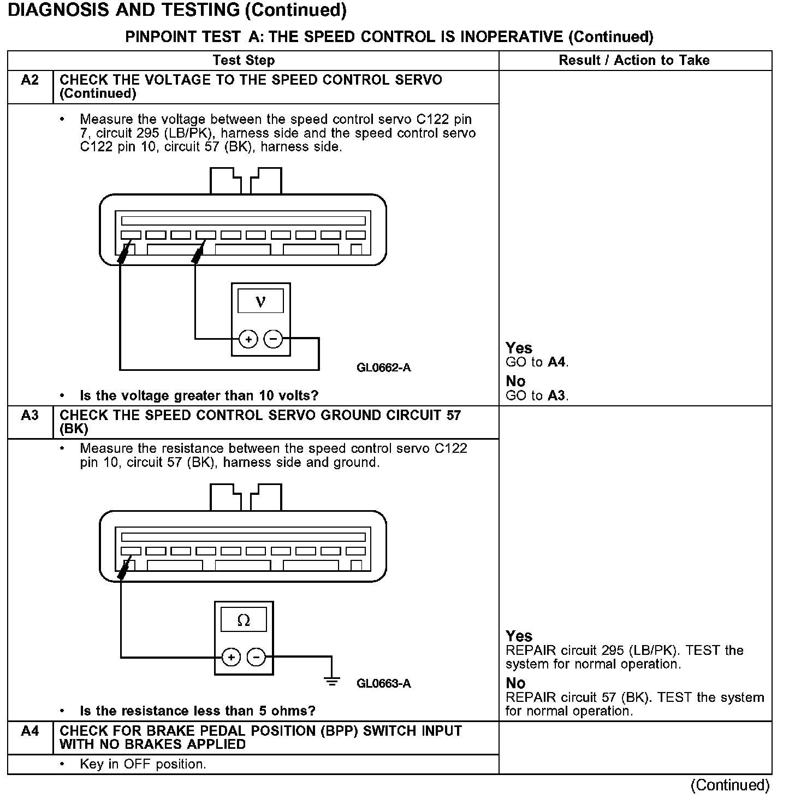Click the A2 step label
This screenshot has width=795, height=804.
tap(30, 80)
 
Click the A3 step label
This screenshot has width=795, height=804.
tap(30, 416)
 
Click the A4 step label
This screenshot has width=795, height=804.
tap(30, 731)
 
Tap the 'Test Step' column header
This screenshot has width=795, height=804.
tap(244, 61)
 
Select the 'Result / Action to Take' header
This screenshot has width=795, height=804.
tap(634, 61)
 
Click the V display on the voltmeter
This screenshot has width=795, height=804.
tap(260, 301)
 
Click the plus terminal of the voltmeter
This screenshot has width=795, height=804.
tap(249, 339)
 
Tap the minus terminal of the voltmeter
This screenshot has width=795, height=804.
tap(273, 339)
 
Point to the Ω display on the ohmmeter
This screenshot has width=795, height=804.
tap(244, 620)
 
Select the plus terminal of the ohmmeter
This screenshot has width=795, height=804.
tap(232, 657)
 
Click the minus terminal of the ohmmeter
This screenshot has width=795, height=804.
tap(257, 657)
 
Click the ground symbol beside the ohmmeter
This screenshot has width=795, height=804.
tap(331, 680)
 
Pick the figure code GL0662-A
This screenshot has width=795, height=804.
tap(383, 368)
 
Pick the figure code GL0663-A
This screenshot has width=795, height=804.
tap(383, 683)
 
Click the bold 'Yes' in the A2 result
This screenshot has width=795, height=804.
tap(519, 348)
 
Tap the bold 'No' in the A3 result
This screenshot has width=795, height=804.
tap(515, 683)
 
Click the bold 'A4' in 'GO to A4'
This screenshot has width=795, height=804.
tap(557, 362)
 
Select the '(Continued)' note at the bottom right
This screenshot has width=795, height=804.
tap(730, 785)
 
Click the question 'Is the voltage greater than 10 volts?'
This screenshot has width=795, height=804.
tap(199, 395)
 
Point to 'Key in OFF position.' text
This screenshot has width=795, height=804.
tap(143, 764)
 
